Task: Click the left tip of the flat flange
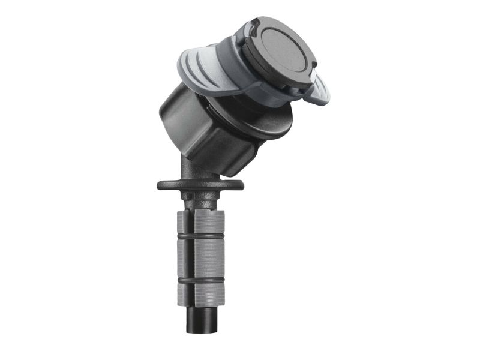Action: click(159, 185)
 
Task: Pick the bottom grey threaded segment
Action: click(200, 292)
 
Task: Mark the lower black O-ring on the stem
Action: click(200, 279)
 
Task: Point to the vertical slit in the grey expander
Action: click(193, 258)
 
